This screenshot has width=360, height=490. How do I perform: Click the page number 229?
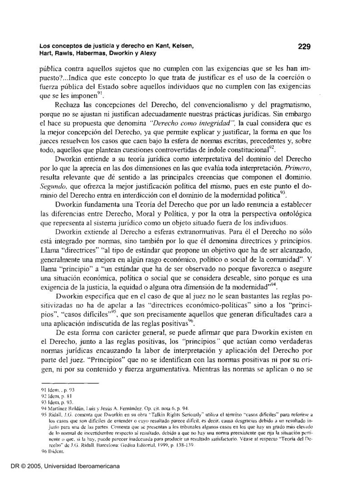coord(303,46)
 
